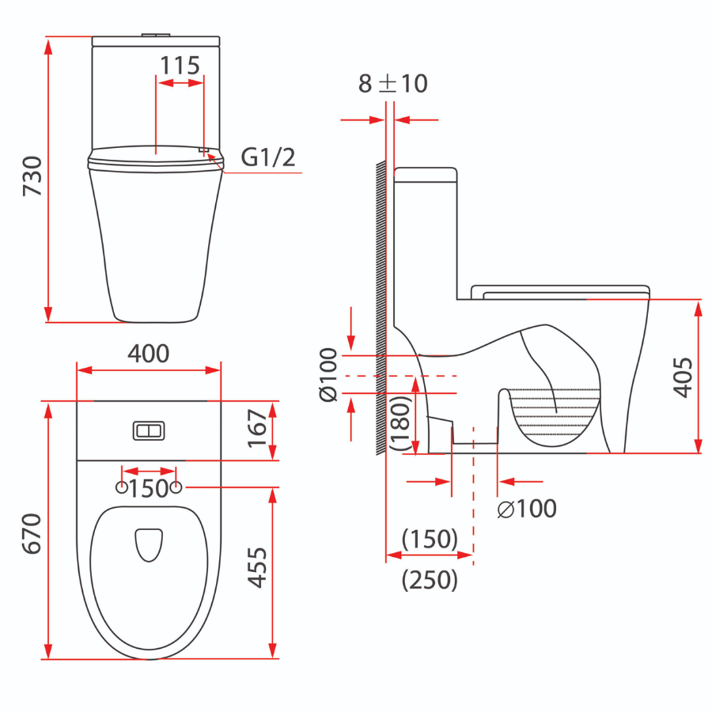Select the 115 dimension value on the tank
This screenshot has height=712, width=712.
point(180,65)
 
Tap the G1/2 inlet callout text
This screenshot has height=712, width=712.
point(268,157)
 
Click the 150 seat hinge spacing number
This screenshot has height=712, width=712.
point(149,489)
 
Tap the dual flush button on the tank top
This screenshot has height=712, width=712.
point(150,430)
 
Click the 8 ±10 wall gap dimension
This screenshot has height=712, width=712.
point(392,83)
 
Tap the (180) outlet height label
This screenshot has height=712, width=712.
point(402,424)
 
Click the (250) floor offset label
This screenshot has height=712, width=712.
point(430,581)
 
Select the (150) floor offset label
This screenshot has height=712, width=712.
point(430,540)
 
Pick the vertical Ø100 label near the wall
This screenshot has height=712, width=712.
point(328,375)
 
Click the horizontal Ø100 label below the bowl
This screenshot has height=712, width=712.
point(527,509)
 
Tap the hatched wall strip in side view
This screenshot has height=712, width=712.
point(381,309)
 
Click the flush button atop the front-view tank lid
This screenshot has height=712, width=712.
point(155,35)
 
